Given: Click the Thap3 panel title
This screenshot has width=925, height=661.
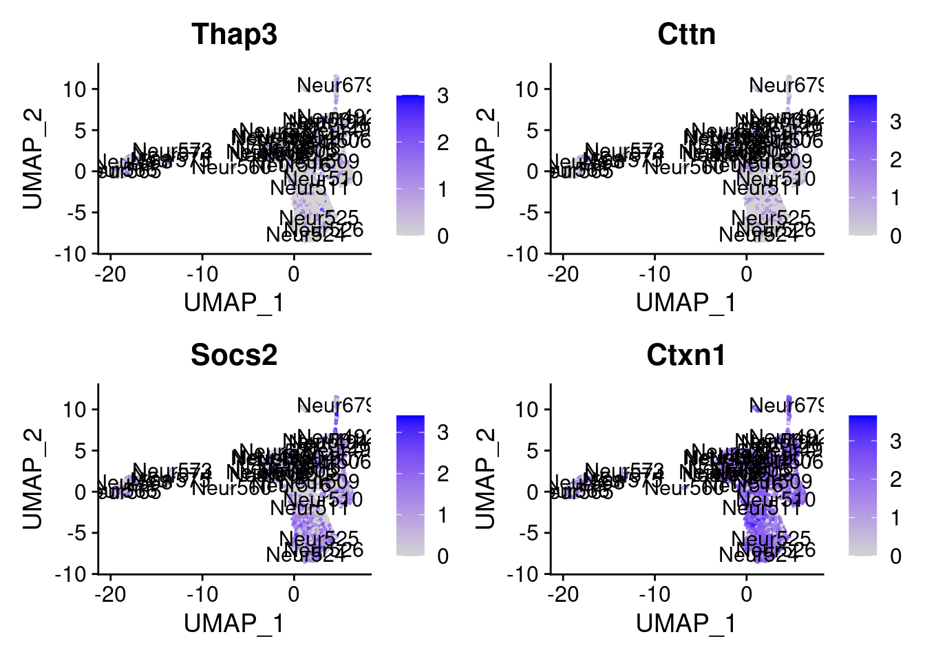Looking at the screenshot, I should [x=234, y=34].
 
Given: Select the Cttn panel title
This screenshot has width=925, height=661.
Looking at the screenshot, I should [x=686, y=34].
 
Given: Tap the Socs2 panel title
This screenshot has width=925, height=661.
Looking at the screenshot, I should [x=234, y=355].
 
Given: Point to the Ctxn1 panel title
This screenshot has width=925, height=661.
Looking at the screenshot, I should [x=686, y=355].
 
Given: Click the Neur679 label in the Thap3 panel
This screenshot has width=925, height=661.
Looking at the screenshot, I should [x=333, y=85].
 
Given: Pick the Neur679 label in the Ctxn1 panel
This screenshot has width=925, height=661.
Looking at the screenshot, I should [x=785, y=406].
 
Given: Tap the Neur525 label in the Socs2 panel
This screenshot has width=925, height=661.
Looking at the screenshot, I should [x=319, y=538].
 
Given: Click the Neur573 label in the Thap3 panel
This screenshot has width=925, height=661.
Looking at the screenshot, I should [x=171, y=151].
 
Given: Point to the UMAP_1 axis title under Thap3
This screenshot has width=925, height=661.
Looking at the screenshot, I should [x=234, y=303].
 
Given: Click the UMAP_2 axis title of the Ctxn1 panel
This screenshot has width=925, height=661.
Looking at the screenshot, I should [x=485, y=479].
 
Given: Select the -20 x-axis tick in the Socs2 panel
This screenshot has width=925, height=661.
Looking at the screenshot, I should [x=111, y=594].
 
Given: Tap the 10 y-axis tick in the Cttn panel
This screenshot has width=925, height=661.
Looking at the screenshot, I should [x=528, y=90].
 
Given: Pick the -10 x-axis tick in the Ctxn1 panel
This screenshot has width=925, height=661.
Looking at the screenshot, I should [x=655, y=594].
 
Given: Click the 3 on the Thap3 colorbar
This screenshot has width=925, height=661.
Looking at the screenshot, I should [x=443, y=96].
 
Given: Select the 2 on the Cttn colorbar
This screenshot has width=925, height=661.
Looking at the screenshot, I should [x=895, y=160].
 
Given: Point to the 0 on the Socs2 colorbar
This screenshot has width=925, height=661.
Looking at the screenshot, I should [x=443, y=556].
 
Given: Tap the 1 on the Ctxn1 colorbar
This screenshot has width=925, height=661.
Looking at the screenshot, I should [x=895, y=518].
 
